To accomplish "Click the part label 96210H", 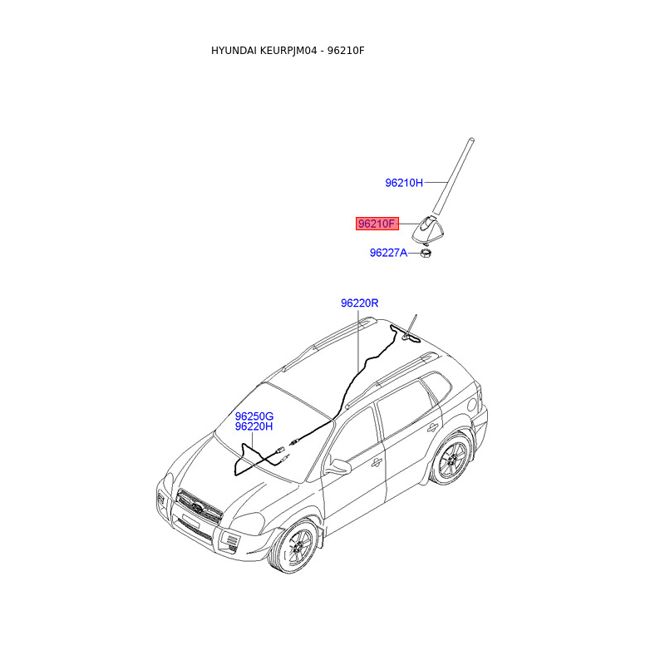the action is pos(404,182).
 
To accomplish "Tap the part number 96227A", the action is pos(388,252).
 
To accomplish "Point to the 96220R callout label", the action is pos(359,303).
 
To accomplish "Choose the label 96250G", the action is pos(254,416).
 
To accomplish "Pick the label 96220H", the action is pos(254,426).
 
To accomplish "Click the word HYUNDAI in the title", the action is pos(234,51).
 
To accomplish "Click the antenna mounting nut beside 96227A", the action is pos(424,251).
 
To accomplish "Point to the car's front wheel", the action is pos(297,549).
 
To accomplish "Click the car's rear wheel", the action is pos(453,460).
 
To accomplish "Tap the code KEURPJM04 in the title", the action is pos(288,51).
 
